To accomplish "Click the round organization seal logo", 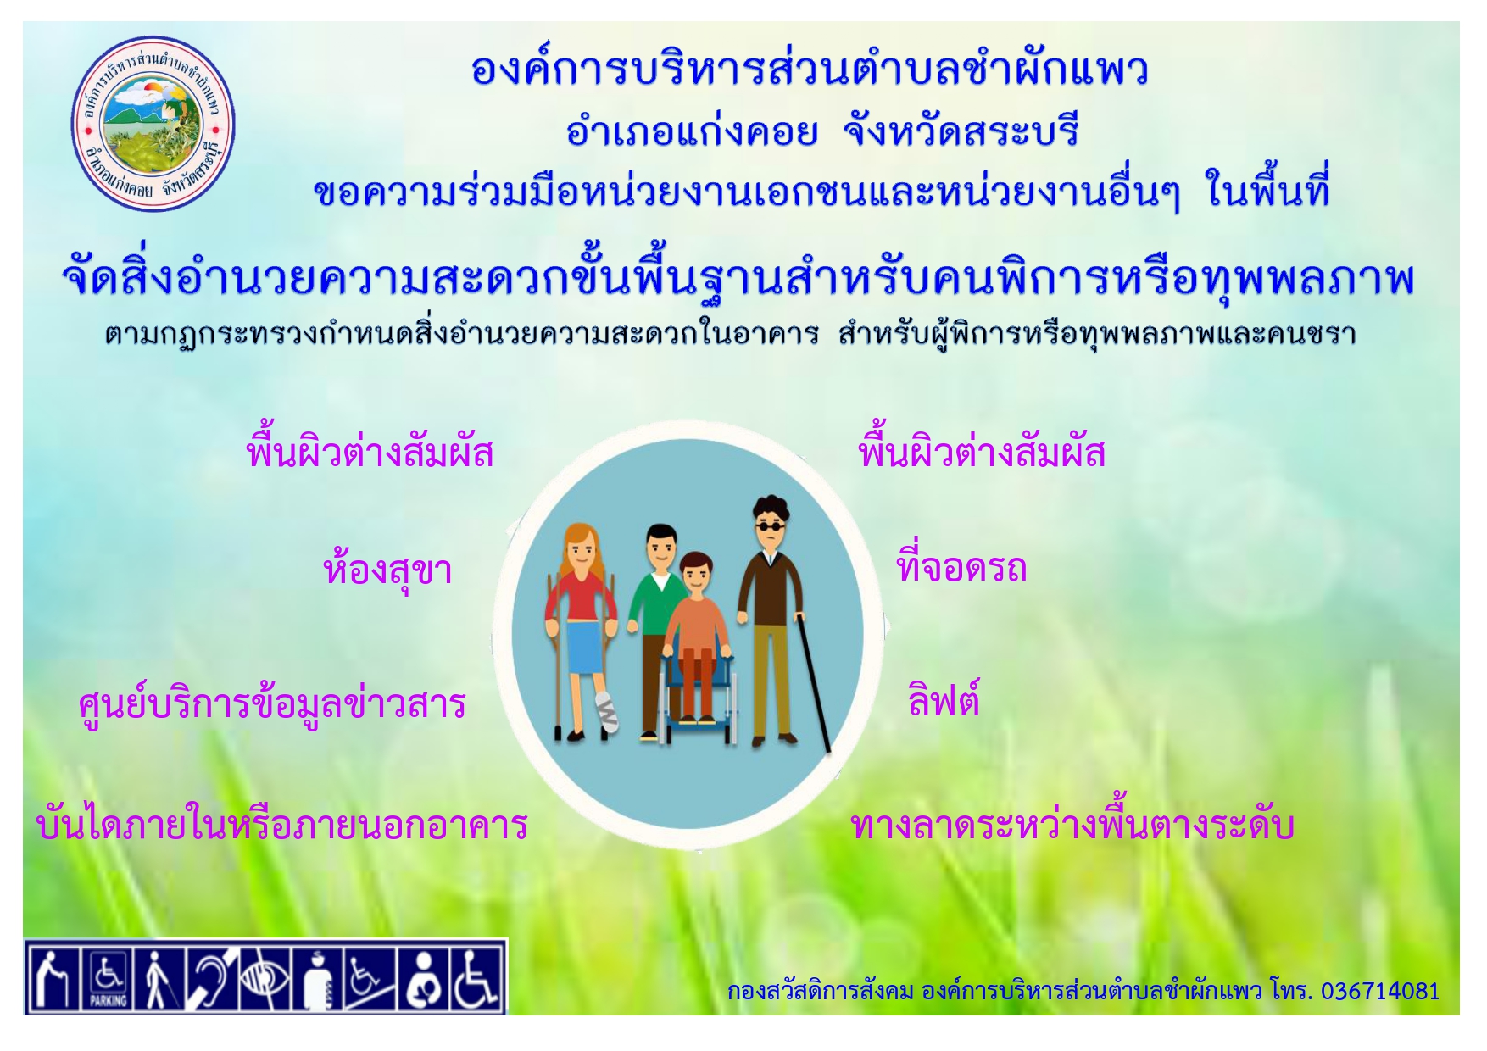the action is coord(153,124).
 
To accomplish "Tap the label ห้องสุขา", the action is coord(387,570).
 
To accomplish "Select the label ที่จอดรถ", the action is coord(961,565).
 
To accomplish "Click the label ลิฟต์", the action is coord(944,700).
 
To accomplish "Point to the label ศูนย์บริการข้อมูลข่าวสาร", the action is coord(272,704).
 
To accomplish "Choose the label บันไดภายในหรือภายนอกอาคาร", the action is coord(282,824).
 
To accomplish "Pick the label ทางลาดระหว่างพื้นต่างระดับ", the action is coord(1072,825).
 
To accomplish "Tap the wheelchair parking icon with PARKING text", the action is coord(108,977).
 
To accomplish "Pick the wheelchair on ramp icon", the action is coord(370,977).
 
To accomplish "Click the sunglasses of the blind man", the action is coord(768,526).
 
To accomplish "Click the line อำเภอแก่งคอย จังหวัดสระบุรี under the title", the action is coord(821,131).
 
